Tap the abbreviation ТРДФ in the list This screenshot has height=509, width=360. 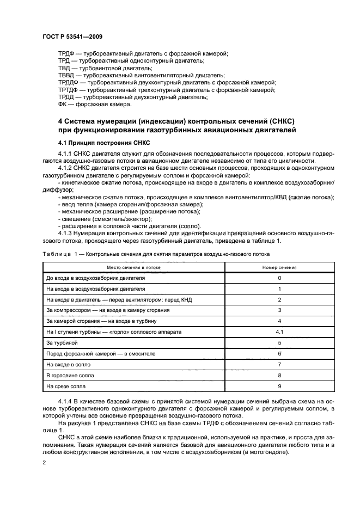coord(66,53)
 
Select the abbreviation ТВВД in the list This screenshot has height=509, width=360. coord(66,75)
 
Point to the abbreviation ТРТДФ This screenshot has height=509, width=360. coord(68,89)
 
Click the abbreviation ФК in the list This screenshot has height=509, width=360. coord(63,104)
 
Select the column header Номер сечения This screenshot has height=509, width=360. coord(279,267)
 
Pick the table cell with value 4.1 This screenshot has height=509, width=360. coord(279,332)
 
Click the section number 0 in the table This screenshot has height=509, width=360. coord(279,278)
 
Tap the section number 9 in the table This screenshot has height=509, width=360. coord(279,386)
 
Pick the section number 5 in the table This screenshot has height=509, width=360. coord(279,343)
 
